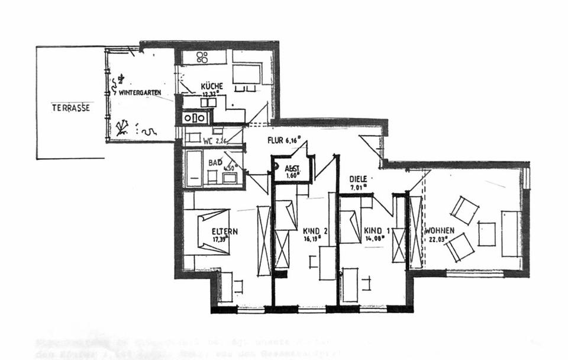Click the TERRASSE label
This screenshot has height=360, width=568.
click(70, 108)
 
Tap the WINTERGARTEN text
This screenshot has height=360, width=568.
click(140, 93)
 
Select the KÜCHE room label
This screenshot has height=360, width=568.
click(211, 86)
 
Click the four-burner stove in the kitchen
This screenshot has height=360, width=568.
click(202, 57)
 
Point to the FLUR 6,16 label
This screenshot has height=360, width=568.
click(283, 140)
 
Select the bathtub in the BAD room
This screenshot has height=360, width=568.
click(194, 169)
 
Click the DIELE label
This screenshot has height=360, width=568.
click(358, 178)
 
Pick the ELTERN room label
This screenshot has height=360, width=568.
click(225, 231)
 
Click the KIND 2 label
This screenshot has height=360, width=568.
click(311, 231)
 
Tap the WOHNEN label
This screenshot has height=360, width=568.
click(439, 230)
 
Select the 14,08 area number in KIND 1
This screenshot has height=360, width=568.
click(375, 239)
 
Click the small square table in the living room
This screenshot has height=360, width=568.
click(486, 234)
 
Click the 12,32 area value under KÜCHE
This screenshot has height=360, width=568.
click(211, 94)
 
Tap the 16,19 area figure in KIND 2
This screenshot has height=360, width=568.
click(311, 239)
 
